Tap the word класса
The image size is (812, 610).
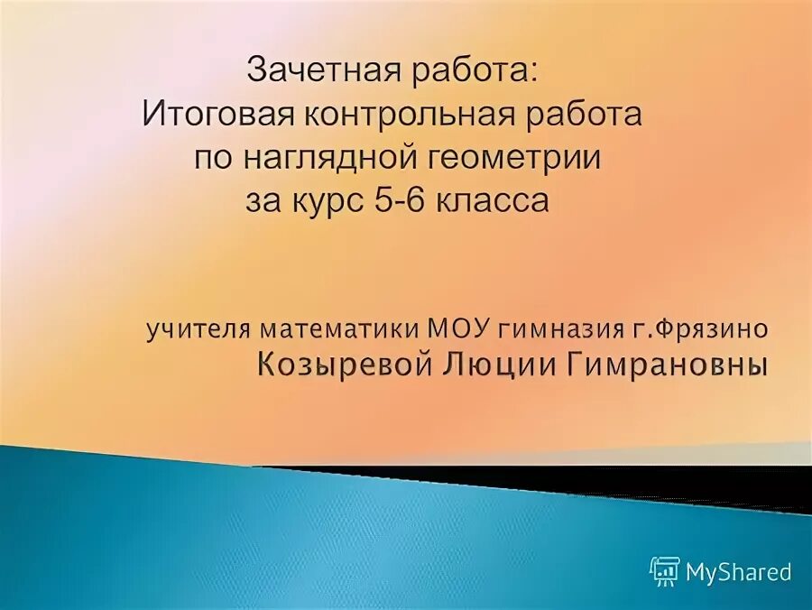click(x=493, y=199)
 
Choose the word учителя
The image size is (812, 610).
click(x=200, y=329)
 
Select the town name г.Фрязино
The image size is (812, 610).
click(x=700, y=329)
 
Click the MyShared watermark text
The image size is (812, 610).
click(x=738, y=572)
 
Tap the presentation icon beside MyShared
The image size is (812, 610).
click(x=665, y=571)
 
